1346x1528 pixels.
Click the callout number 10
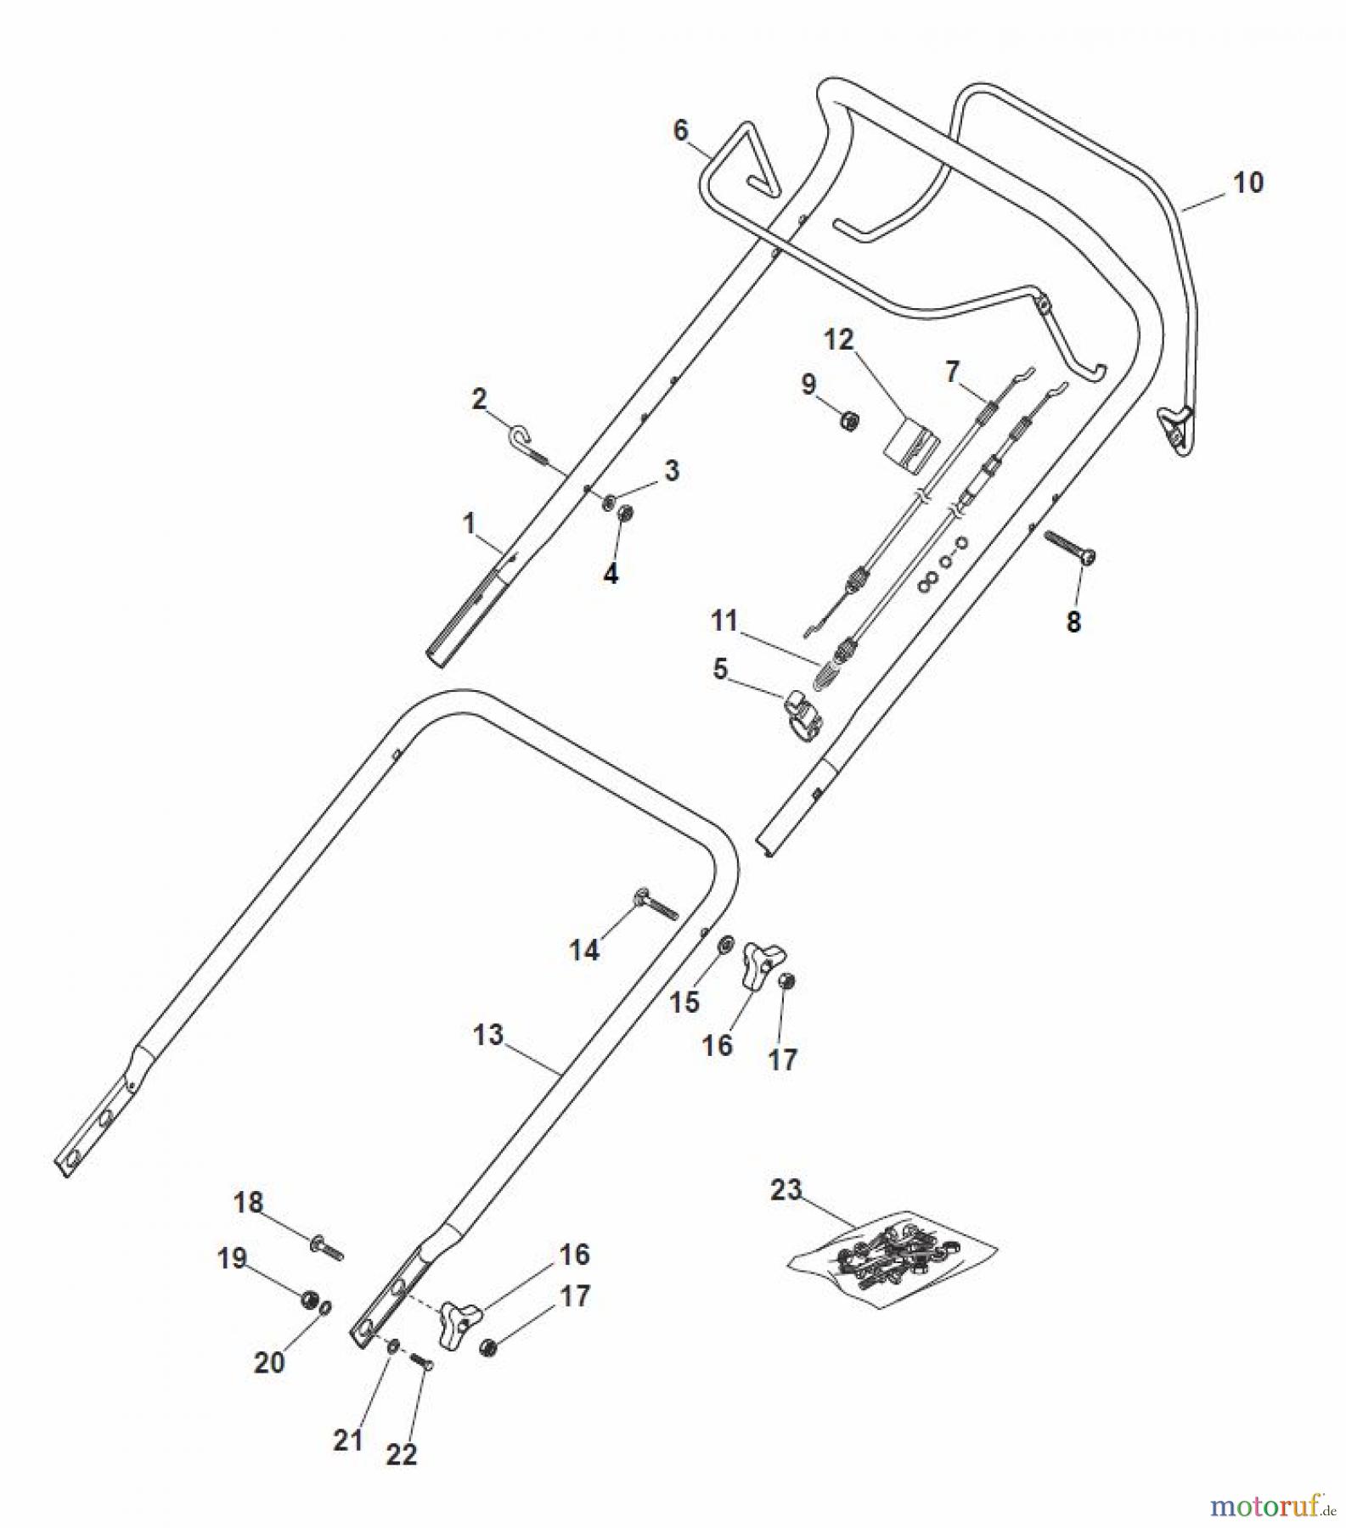pos(1247,183)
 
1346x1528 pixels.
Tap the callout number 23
pos(786,1189)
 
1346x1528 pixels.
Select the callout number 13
pos(488,1035)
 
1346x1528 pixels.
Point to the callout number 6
pos(680,131)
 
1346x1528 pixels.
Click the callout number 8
pos(1073,621)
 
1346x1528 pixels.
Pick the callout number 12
pos(838,340)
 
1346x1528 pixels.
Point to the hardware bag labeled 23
pos(892,1256)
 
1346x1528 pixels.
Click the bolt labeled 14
pos(653,907)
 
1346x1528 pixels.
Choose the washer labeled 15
pos(726,945)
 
